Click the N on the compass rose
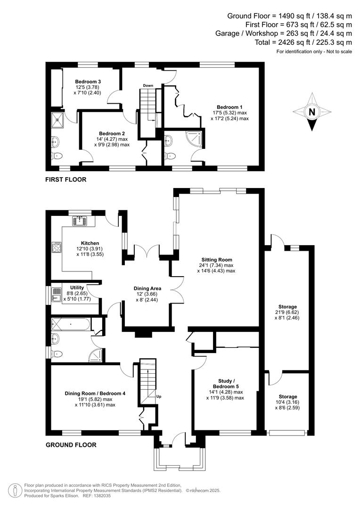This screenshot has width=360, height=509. (x=311, y=112)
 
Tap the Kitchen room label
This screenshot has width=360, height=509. (x=90, y=243)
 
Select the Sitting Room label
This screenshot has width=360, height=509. (x=217, y=260)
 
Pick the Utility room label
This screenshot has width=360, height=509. (x=76, y=287)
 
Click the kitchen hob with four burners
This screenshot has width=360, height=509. (x=57, y=247)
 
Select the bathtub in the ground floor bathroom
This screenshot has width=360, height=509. (x=71, y=324)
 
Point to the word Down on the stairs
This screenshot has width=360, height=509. (x=148, y=85)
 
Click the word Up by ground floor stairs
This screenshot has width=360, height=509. (x=159, y=396)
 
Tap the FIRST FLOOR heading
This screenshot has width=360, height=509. (x=65, y=179)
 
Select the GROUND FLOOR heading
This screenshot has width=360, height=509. (x=71, y=444)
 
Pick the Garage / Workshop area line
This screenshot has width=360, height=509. (x=284, y=33)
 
